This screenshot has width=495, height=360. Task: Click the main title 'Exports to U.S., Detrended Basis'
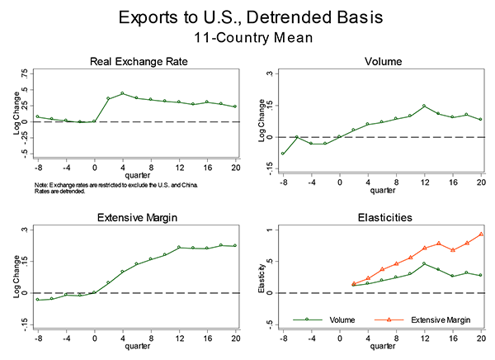click(247, 17)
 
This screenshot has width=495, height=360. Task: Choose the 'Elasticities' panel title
click(381, 218)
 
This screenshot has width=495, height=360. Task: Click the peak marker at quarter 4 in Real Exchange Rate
click(122, 93)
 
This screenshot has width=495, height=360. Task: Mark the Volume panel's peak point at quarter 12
click(424, 106)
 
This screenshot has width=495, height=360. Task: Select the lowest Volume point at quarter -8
click(283, 154)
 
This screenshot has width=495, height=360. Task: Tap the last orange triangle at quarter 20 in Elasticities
click(481, 234)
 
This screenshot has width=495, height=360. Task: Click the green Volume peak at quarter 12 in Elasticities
click(424, 264)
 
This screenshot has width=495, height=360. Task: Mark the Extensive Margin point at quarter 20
click(235, 245)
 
